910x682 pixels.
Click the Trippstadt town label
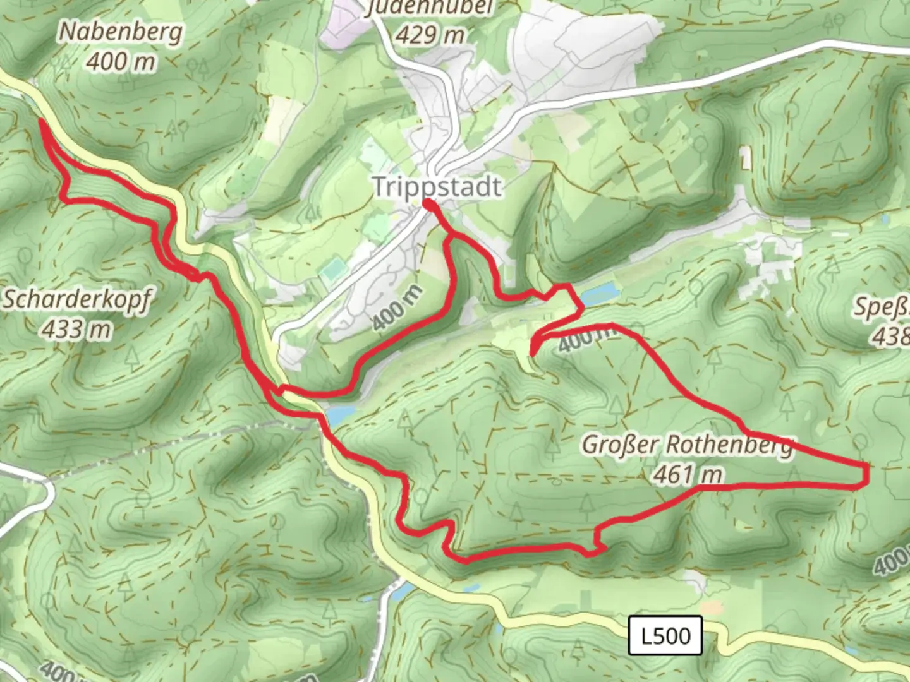437,187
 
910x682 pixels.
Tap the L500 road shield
665,635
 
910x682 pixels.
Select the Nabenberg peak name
121,32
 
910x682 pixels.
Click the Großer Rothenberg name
687,445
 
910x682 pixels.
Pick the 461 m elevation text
688,474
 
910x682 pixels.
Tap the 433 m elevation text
77,329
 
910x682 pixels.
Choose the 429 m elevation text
430,35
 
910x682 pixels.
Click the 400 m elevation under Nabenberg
121,62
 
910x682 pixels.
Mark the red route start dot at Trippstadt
428,204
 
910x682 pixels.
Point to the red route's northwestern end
42,120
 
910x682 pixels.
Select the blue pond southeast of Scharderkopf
339,414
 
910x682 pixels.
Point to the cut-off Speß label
882,308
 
